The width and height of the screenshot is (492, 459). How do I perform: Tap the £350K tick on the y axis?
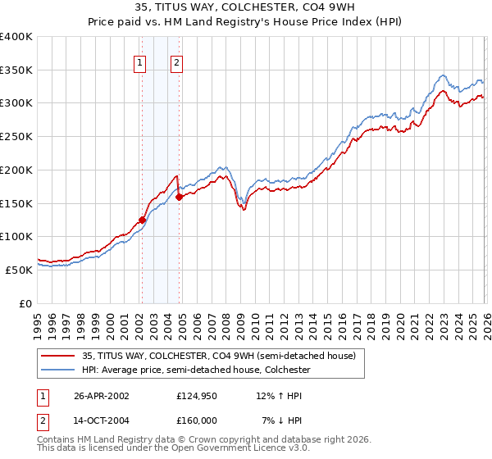16,70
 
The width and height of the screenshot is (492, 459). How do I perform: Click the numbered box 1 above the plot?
140,62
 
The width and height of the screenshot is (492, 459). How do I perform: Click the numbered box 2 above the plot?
177,62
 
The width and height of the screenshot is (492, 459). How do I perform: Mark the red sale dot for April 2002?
142,220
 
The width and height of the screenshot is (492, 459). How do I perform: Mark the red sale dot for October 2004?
179,197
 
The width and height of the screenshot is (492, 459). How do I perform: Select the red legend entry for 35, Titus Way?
218,356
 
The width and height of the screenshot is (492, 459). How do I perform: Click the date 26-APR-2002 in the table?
102,395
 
